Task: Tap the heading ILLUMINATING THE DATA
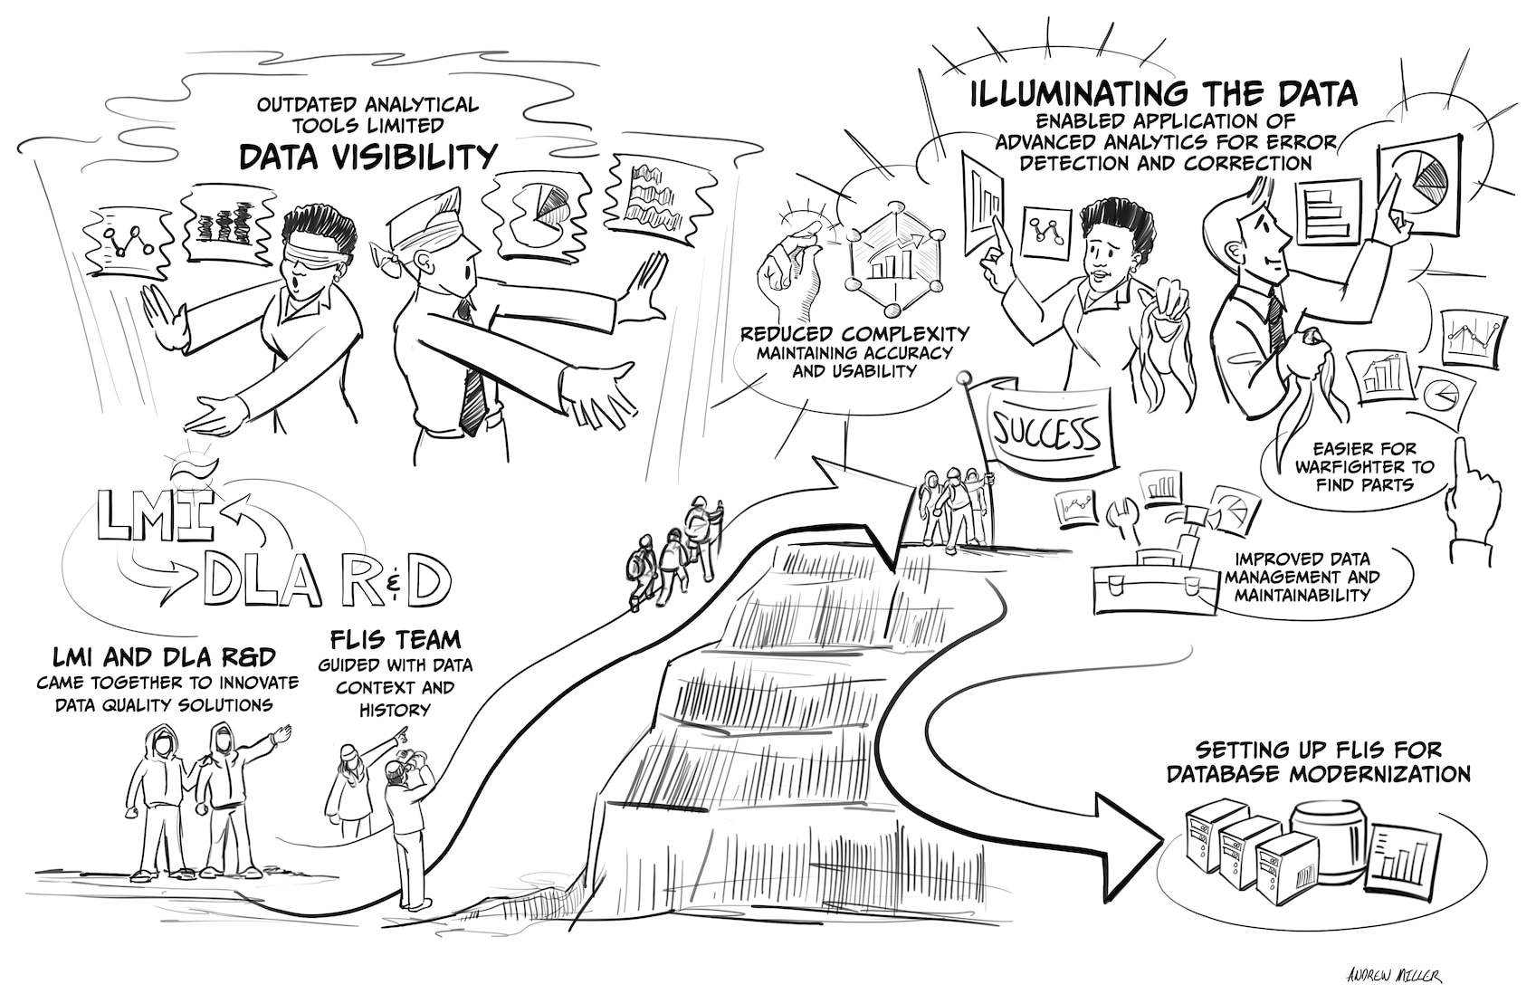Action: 1164,93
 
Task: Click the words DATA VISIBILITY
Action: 367,158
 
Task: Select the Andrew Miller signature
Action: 1394,976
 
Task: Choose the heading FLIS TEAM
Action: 396,640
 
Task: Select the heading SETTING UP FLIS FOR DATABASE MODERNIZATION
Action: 1318,761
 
